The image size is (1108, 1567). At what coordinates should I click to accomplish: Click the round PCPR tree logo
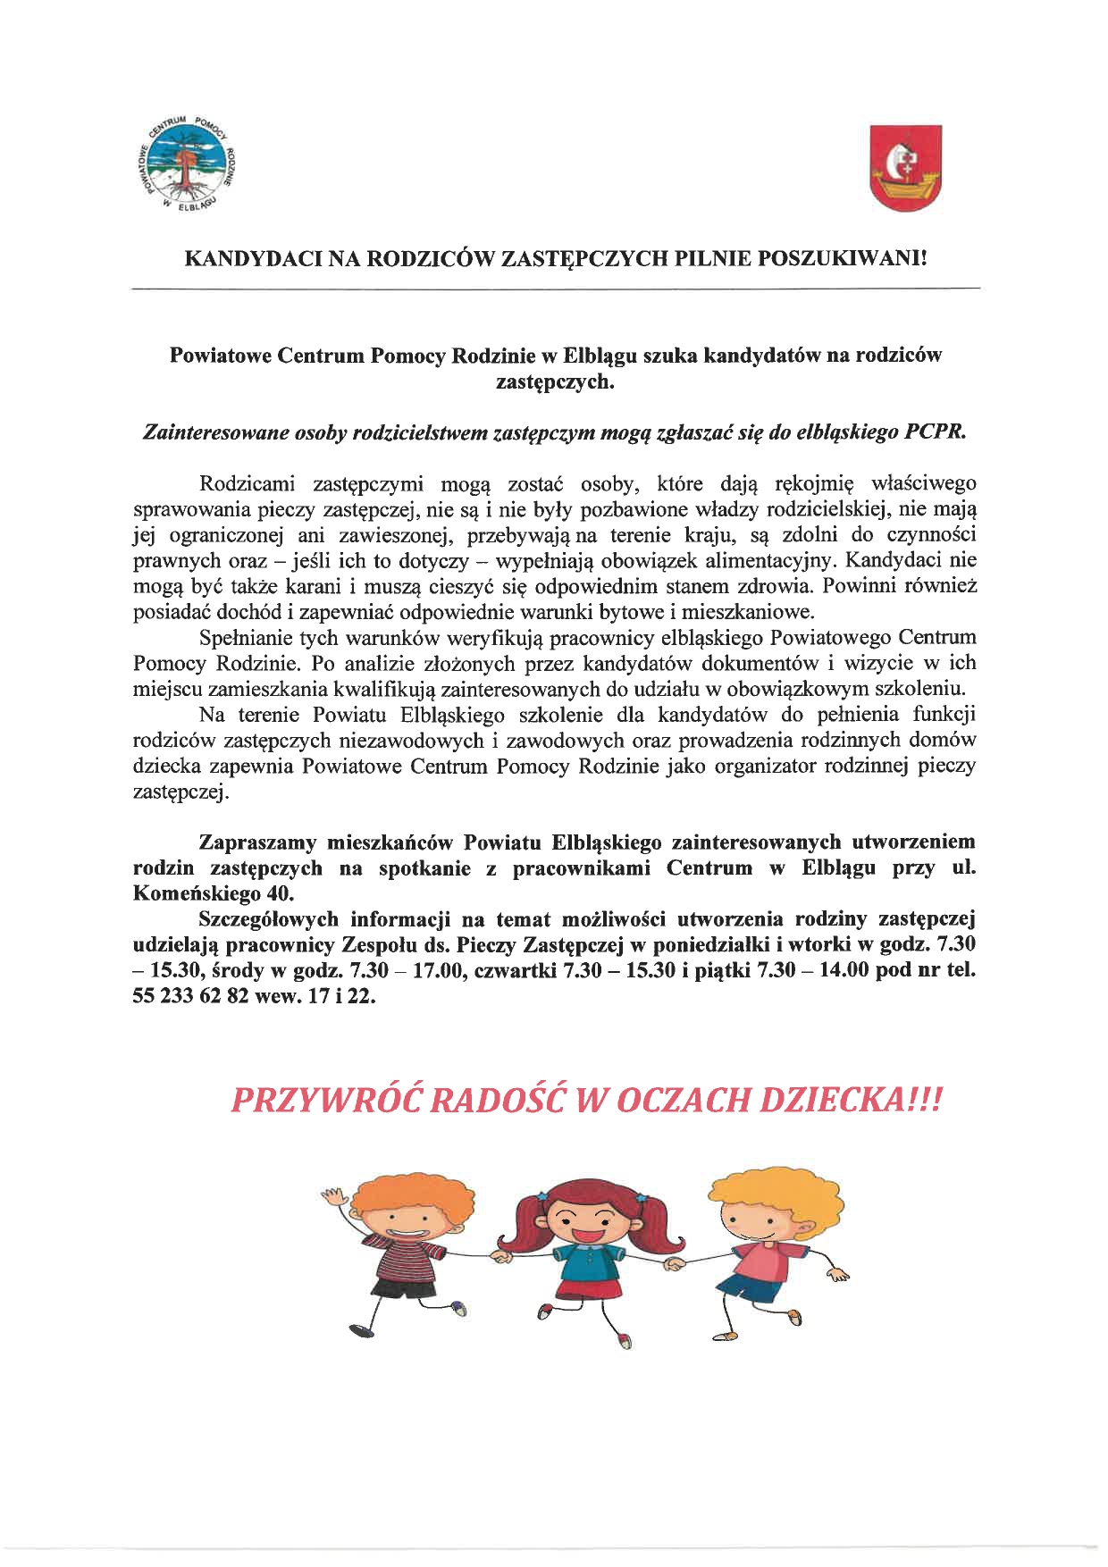point(189,166)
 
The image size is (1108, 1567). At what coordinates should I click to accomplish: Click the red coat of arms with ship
point(906,168)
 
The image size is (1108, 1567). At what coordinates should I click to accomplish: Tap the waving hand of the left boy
point(333,1197)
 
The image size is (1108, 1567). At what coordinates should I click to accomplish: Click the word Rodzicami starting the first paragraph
point(247,484)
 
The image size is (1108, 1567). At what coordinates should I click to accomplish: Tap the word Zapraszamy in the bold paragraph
point(257,842)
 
